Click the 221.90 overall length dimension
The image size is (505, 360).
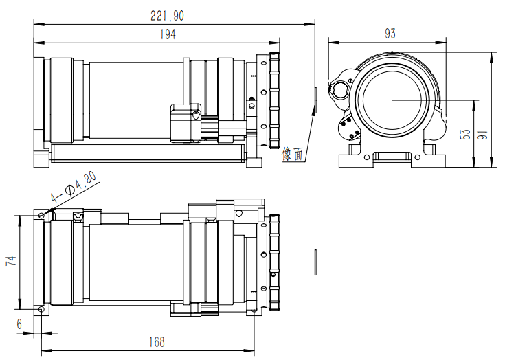point(167,16)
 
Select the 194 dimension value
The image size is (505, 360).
point(168,34)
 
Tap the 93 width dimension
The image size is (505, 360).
point(390,34)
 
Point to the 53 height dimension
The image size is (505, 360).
point(465,134)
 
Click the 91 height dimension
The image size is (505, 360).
point(482,134)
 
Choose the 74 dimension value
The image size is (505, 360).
point(10,260)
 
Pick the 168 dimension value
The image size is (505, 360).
point(157,342)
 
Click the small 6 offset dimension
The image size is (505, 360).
point(20,324)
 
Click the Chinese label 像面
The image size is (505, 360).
point(293,154)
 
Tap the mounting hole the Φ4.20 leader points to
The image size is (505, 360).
point(41,215)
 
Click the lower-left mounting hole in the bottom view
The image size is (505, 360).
point(41,309)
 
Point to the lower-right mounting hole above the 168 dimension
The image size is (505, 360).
point(254,311)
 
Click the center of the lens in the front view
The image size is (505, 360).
point(392,100)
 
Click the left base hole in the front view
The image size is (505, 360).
point(367,157)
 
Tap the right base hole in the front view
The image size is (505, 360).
point(418,157)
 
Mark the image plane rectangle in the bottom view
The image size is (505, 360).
point(315,262)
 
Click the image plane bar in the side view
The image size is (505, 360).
point(315,100)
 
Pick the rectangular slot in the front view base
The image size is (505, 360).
point(392,157)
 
